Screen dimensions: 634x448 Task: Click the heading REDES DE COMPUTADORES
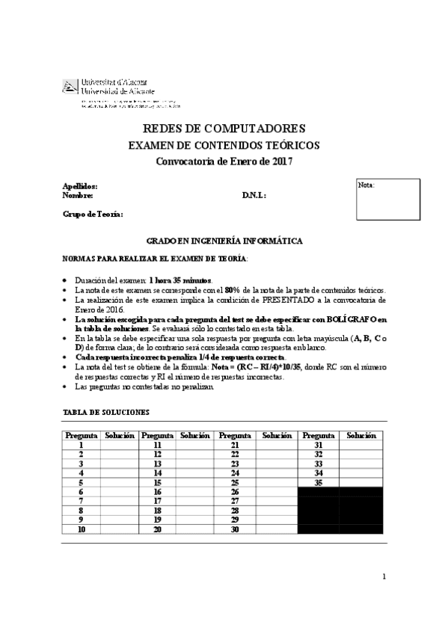[x=224, y=129]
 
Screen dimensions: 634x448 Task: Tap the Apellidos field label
[x=79, y=185]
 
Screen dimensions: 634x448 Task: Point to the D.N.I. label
[x=254, y=195]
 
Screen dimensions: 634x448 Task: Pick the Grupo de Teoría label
[x=93, y=215]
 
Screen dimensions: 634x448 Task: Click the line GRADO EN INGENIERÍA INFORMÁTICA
[x=224, y=241]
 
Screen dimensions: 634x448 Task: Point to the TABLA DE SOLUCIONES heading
[x=105, y=412]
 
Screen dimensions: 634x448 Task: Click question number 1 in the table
[x=81, y=444]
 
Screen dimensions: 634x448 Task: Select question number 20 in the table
[x=157, y=529]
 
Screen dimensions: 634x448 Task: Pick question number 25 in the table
[x=235, y=482]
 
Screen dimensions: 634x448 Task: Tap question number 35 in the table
[x=319, y=482]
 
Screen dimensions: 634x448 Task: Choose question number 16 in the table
[x=157, y=491]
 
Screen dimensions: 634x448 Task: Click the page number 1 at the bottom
[x=384, y=576]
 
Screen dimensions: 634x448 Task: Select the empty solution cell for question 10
[x=119, y=529]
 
